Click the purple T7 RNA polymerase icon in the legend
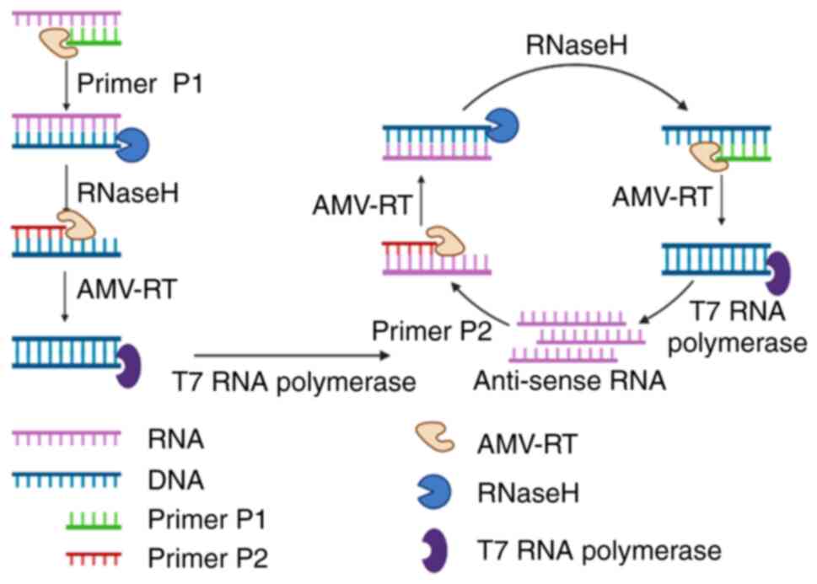433,552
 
